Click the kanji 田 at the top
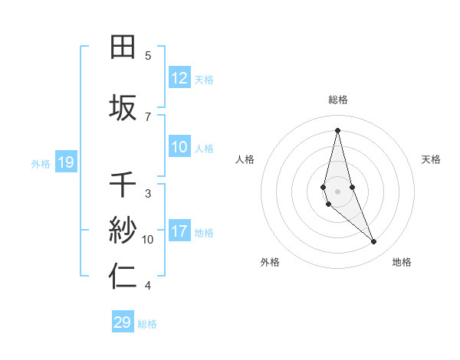pyautogui.click(x=123, y=47)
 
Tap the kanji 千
pyautogui.click(x=123, y=185)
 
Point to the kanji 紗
pyautogui.click(x=123, y=229)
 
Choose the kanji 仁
pyautogui.click(x=123, y=277)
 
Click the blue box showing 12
pyautogui.click(x=179, y=78)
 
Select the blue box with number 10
pyautogui.click(x=179, y=148)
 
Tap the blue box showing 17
pyautogui.click(x=179, y=231)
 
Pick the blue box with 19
pyautogui.click(x=65, y=162)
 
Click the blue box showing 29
pyautogui.click(x=122, y=322)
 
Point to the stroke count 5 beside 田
pyautogui.click(x=148, y=56)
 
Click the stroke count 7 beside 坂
pyautogui.click(x=148, y=116)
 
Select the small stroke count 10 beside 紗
pyautogui.click(x=148, y=239)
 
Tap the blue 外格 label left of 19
pyautogui.click(x=41, y=163)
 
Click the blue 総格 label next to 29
pyautogui.click(x=147, y=323)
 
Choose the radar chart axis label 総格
pyautogui.click(x=337, y=100)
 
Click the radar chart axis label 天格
pyautogui.click(x=431, y=159)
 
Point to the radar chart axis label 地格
pyautogui.click(x=402, y=262)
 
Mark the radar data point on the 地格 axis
pyautogui.click(x=374, y=242)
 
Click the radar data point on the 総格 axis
pyautogui.click(x=337, y=130)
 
